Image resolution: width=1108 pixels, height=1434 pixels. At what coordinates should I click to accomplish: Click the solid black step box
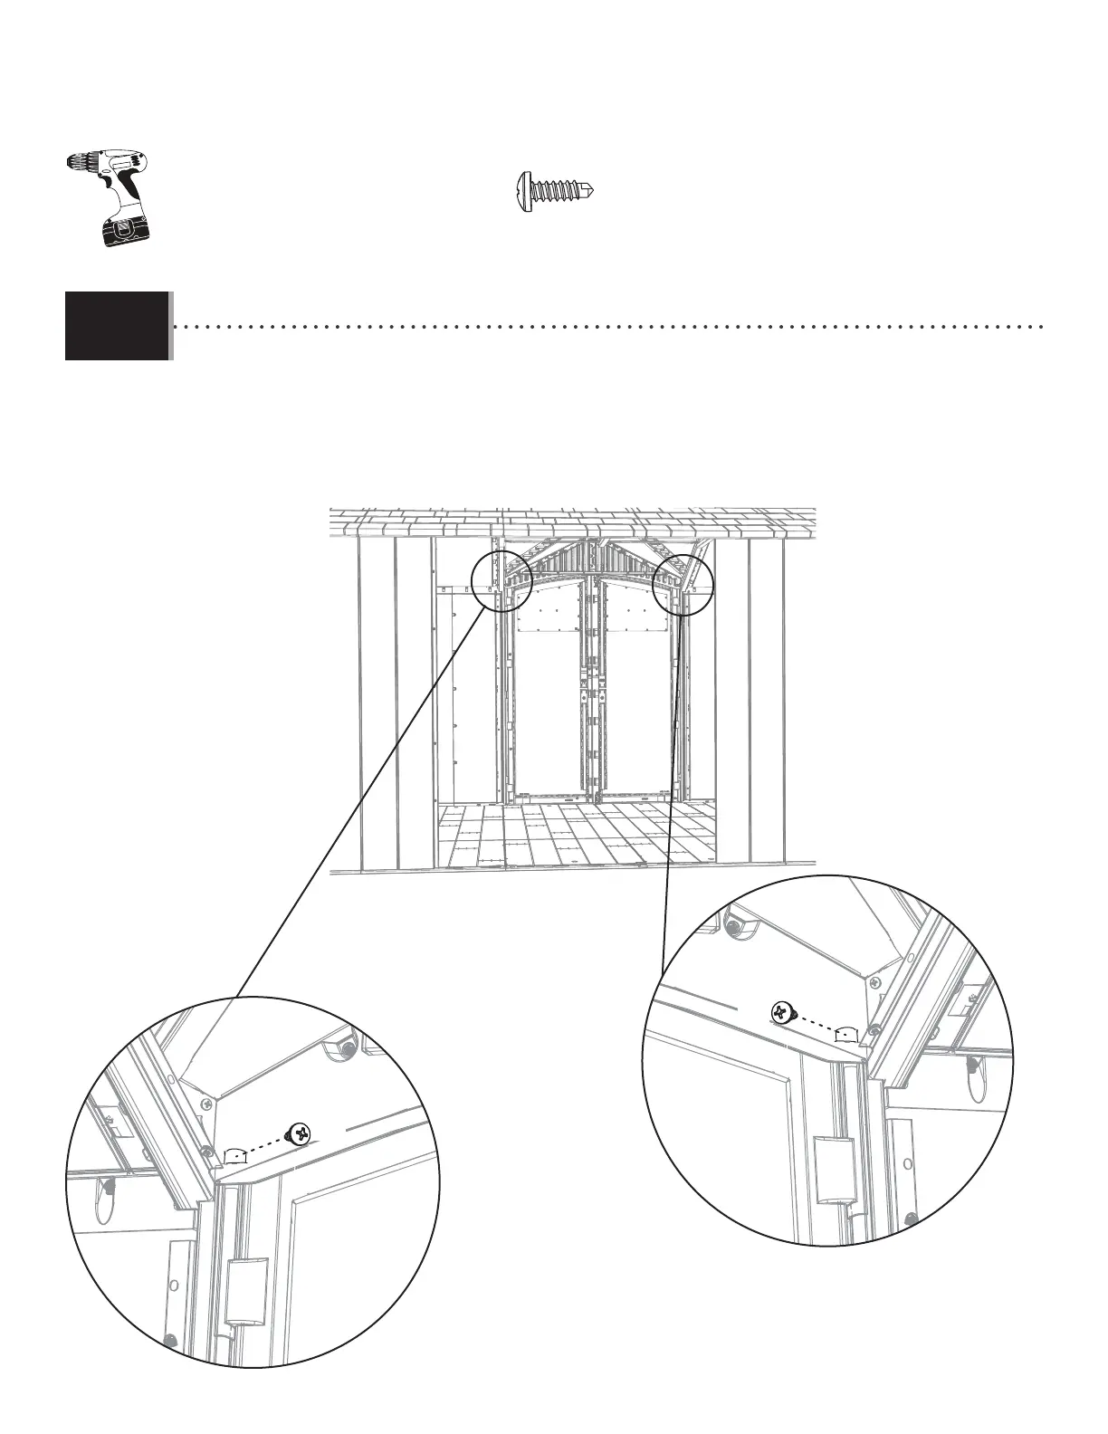[117, 326]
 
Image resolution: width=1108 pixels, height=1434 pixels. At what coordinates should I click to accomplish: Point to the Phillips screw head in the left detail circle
[300, 1133]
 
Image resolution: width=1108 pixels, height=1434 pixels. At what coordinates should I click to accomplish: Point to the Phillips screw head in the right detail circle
[782, 1013]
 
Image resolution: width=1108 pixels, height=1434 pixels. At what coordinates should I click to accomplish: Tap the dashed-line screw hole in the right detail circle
[845, 1033]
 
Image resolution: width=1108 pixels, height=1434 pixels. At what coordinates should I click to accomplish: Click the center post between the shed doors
[592, 688]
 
